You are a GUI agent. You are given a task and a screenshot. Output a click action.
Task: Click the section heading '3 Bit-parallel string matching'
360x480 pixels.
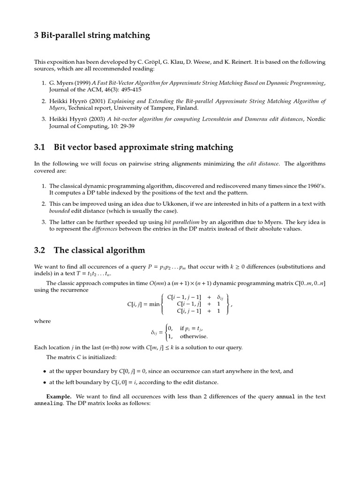[92, 35]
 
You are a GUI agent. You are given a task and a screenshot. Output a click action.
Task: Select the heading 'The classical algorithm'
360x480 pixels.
[99, 250]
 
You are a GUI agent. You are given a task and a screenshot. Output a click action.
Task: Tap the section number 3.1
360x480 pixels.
[39, 147]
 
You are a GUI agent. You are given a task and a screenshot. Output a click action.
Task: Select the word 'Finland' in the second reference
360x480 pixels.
[187, 108]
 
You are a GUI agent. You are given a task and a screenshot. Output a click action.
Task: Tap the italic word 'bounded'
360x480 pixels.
[59, 210]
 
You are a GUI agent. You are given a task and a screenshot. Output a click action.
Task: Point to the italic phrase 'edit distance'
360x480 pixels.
[263, 164]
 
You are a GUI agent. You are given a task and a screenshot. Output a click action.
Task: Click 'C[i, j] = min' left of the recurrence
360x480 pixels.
[143, 304]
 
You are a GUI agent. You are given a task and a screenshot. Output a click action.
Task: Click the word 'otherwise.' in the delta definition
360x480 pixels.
[194, 336]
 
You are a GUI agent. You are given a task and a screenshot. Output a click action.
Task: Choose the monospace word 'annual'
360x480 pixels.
[285, 397]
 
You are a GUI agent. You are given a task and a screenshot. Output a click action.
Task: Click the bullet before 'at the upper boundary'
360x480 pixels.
[45, 371]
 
